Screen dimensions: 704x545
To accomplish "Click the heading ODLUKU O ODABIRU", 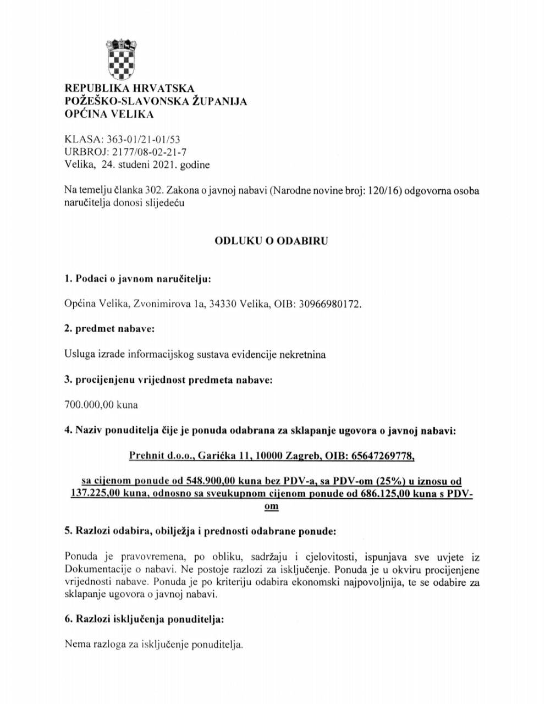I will click(x=271, y=241).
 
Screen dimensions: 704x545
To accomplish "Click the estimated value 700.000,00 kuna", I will click(x=101, y=405).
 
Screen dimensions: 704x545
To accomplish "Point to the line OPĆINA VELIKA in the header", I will click(x=109, y=114).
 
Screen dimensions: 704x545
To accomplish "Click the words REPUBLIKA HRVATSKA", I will click(x=129, y=89).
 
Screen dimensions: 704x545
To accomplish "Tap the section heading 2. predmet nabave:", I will click(x=109, y=329).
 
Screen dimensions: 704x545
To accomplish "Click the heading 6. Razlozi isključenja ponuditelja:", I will click(x=144, y=619).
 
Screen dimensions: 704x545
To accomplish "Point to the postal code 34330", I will click(x=223, y=304).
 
